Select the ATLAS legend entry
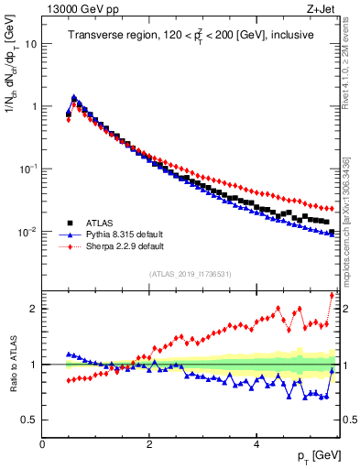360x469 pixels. pyautogui.click(x=94, y=222)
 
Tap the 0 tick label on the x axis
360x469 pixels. pyautogui.click(x=42, y=444)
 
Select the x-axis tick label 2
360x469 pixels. pyautogui.click(x=148, y=444)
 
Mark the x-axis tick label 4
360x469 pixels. pyautogui.click(x=256, y=444)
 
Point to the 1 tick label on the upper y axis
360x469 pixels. pyautogui.click(x=34, y=106)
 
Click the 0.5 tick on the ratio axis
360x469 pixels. pyautogui.click(x=28, y=420)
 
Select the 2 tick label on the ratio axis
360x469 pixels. pyautogui.click(x=33, y=309)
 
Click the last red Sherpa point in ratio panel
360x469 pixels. pyautogui.click(x=332, y=295)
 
